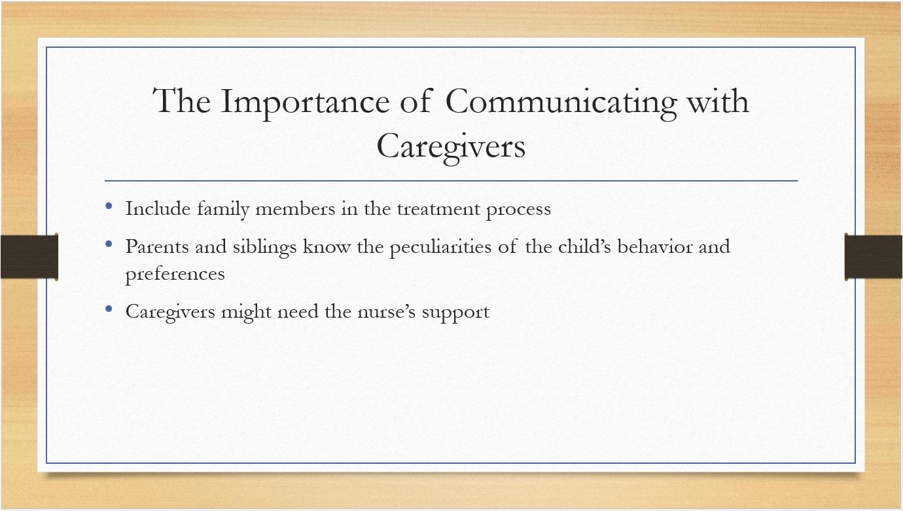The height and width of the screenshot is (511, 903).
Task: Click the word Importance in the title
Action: [x=305, y=102]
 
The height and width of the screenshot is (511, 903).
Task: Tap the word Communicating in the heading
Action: [x=561, y=102]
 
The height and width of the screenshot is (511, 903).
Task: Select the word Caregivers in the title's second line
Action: [x=451, y=147]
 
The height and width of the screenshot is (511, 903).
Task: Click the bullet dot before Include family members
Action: [x=109, y=206]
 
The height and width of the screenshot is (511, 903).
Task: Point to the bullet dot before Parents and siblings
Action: [x=109, y=244]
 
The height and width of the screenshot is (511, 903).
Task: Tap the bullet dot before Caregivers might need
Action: [x=109, y=309]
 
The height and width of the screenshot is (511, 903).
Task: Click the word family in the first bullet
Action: [x=223, y=209]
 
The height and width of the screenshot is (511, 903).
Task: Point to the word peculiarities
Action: [x=440, y=247]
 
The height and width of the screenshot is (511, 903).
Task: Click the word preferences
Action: [x=175, y=274]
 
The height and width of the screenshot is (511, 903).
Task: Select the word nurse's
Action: [x=387, y=312]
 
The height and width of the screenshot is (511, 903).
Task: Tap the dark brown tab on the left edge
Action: [x=29, y=257]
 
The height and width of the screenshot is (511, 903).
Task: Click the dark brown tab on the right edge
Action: [x=874, y=257]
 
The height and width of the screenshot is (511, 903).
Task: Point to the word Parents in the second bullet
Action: [x=157, y=246]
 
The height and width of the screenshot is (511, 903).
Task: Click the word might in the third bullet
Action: [x=246, y=312]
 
